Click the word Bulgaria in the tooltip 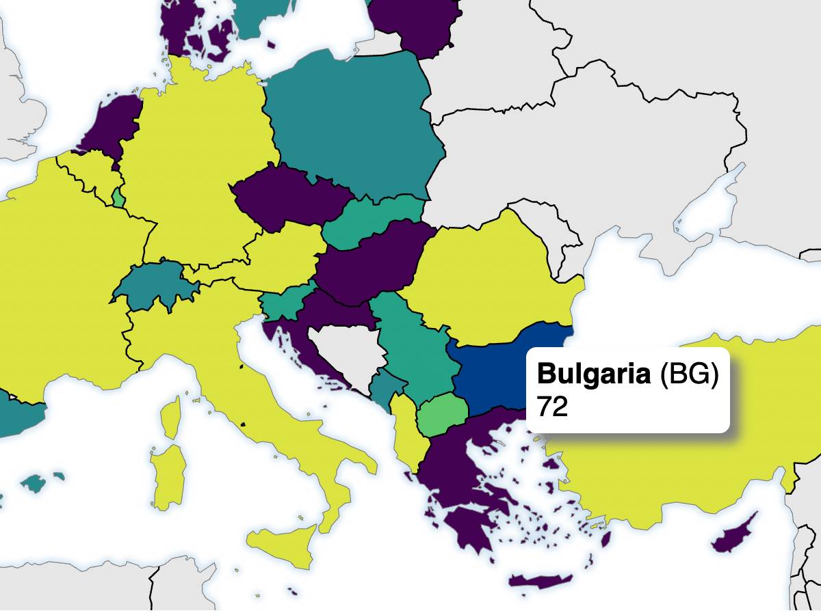pos(593,374)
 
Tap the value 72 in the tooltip pos(553,407)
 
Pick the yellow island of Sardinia pos(166,478)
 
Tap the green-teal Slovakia pos(373,219)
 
